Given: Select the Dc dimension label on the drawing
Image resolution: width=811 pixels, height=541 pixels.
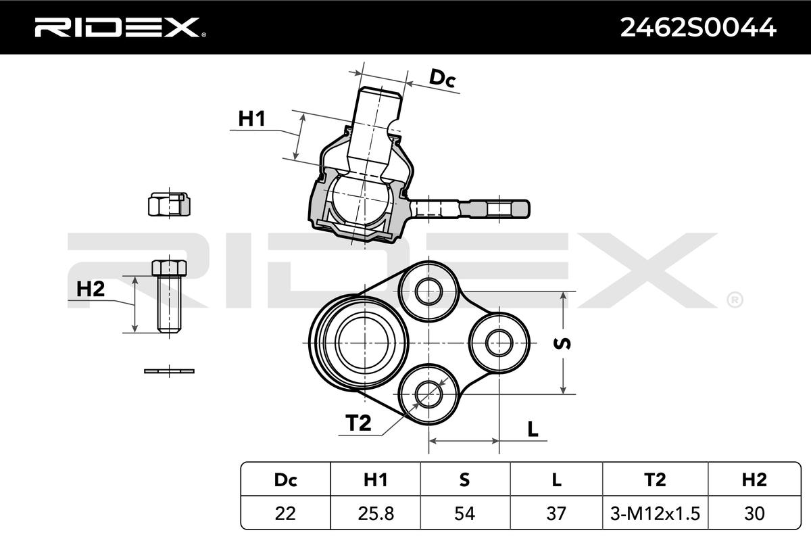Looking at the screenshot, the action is (x=443, y=78).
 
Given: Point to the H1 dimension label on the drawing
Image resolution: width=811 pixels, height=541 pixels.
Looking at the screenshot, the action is (x=251, y=120).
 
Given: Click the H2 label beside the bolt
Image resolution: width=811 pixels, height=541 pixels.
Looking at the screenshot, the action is (x=91, y=289).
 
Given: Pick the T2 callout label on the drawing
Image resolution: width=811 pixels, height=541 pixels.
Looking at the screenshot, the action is (x=359, y=423).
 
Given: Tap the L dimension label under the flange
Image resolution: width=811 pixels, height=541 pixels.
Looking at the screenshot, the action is (x=533, y=429).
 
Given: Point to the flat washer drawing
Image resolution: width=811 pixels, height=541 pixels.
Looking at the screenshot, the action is (x=169, y=371).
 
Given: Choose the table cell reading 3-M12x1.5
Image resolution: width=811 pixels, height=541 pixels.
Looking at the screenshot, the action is (x=654, y=514).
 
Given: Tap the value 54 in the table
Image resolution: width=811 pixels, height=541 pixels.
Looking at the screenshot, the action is (x=464, y=514).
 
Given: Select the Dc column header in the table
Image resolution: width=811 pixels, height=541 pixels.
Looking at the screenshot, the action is (x=285, y=480).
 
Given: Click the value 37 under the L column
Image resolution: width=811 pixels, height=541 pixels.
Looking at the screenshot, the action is (x=556, y=514).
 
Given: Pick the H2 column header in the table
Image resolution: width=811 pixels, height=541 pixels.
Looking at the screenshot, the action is (x=754, y=480).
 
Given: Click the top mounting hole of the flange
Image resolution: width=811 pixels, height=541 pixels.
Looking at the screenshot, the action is (x=427, y=292).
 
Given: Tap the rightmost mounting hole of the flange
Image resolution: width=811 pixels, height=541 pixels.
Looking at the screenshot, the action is (x=499, y=340).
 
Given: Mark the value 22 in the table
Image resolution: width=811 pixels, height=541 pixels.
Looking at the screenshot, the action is (x=285, y=514).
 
